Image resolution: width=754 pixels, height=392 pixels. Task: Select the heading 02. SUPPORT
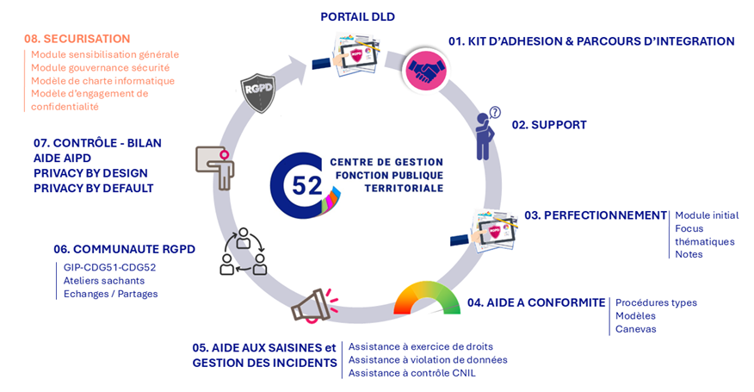549,125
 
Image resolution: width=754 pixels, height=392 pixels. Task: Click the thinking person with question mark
487,134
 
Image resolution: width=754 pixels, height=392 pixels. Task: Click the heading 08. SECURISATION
77,39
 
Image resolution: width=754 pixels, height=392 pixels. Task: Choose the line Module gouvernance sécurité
100,67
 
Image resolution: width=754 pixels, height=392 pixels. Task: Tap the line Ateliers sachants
104,280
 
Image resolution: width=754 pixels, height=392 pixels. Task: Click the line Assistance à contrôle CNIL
411,373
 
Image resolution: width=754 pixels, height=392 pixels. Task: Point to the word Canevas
635,328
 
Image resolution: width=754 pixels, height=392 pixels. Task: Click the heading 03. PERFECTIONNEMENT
596,215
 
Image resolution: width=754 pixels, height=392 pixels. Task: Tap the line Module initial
707,215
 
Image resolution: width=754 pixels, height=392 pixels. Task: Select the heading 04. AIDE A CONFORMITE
536,303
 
